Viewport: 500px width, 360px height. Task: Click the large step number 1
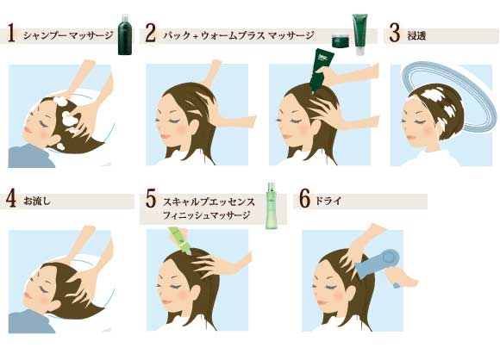coord(11,35)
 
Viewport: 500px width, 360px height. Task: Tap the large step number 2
coord(150,34)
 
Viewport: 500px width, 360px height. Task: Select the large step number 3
coord(395,33)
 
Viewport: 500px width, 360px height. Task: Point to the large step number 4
coord(11,198)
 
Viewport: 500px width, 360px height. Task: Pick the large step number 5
coord(151,198)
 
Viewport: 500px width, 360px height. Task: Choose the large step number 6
coord(304,198)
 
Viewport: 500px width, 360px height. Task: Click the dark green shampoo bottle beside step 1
coord(125,34)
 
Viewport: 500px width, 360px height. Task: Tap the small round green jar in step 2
coord(341,40)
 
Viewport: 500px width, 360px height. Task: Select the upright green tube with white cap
coord(360,34)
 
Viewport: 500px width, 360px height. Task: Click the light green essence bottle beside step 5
coord(271,206)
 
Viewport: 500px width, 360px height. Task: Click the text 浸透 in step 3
coord(416,35)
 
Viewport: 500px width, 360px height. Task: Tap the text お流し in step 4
coord(37,202)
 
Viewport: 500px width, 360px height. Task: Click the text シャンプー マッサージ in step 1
coord(68,35)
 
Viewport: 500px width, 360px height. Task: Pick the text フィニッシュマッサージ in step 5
coord(207,215)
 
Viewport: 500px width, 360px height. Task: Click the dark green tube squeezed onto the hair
coord(321,70)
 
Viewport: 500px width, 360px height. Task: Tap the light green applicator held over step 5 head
coord(179,240)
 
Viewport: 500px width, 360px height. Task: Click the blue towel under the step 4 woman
coord(30,322)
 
